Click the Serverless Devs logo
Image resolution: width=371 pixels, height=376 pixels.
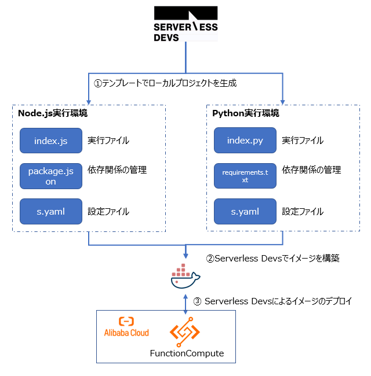point(185,24)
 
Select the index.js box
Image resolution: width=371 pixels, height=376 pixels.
point(51,141)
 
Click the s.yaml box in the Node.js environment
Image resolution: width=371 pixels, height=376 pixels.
point(51,212)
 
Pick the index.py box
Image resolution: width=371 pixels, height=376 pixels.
point(245,141)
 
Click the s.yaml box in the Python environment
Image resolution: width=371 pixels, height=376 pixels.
point(245,212)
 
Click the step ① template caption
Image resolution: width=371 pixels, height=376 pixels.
point(165,83)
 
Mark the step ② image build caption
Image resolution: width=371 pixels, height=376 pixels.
point(272,259)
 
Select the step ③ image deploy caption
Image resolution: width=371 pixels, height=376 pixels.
point(272,301)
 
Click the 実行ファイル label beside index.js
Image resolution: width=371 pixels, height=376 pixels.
point(108,141)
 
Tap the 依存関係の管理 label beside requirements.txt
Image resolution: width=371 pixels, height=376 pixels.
point(311,170)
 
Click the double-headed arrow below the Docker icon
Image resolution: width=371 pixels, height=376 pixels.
point(185,303)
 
